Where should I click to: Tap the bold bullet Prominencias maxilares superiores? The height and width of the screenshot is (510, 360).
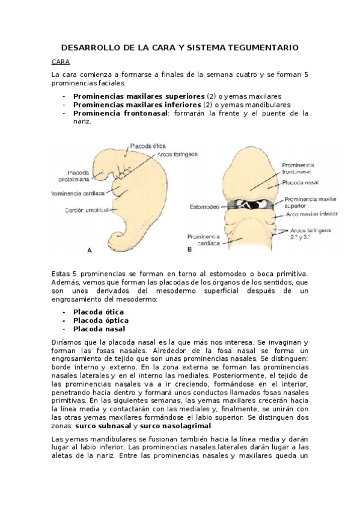tap(139, 96)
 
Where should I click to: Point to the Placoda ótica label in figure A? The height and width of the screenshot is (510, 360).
tap(147, 146)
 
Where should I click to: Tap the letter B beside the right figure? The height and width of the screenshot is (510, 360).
tap(189, 248)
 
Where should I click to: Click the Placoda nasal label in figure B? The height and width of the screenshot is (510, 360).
tap(301, 182)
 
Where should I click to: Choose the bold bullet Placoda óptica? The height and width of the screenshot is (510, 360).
tap(100, 321)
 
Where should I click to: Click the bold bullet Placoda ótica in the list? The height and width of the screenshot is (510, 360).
tap(99, 312)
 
